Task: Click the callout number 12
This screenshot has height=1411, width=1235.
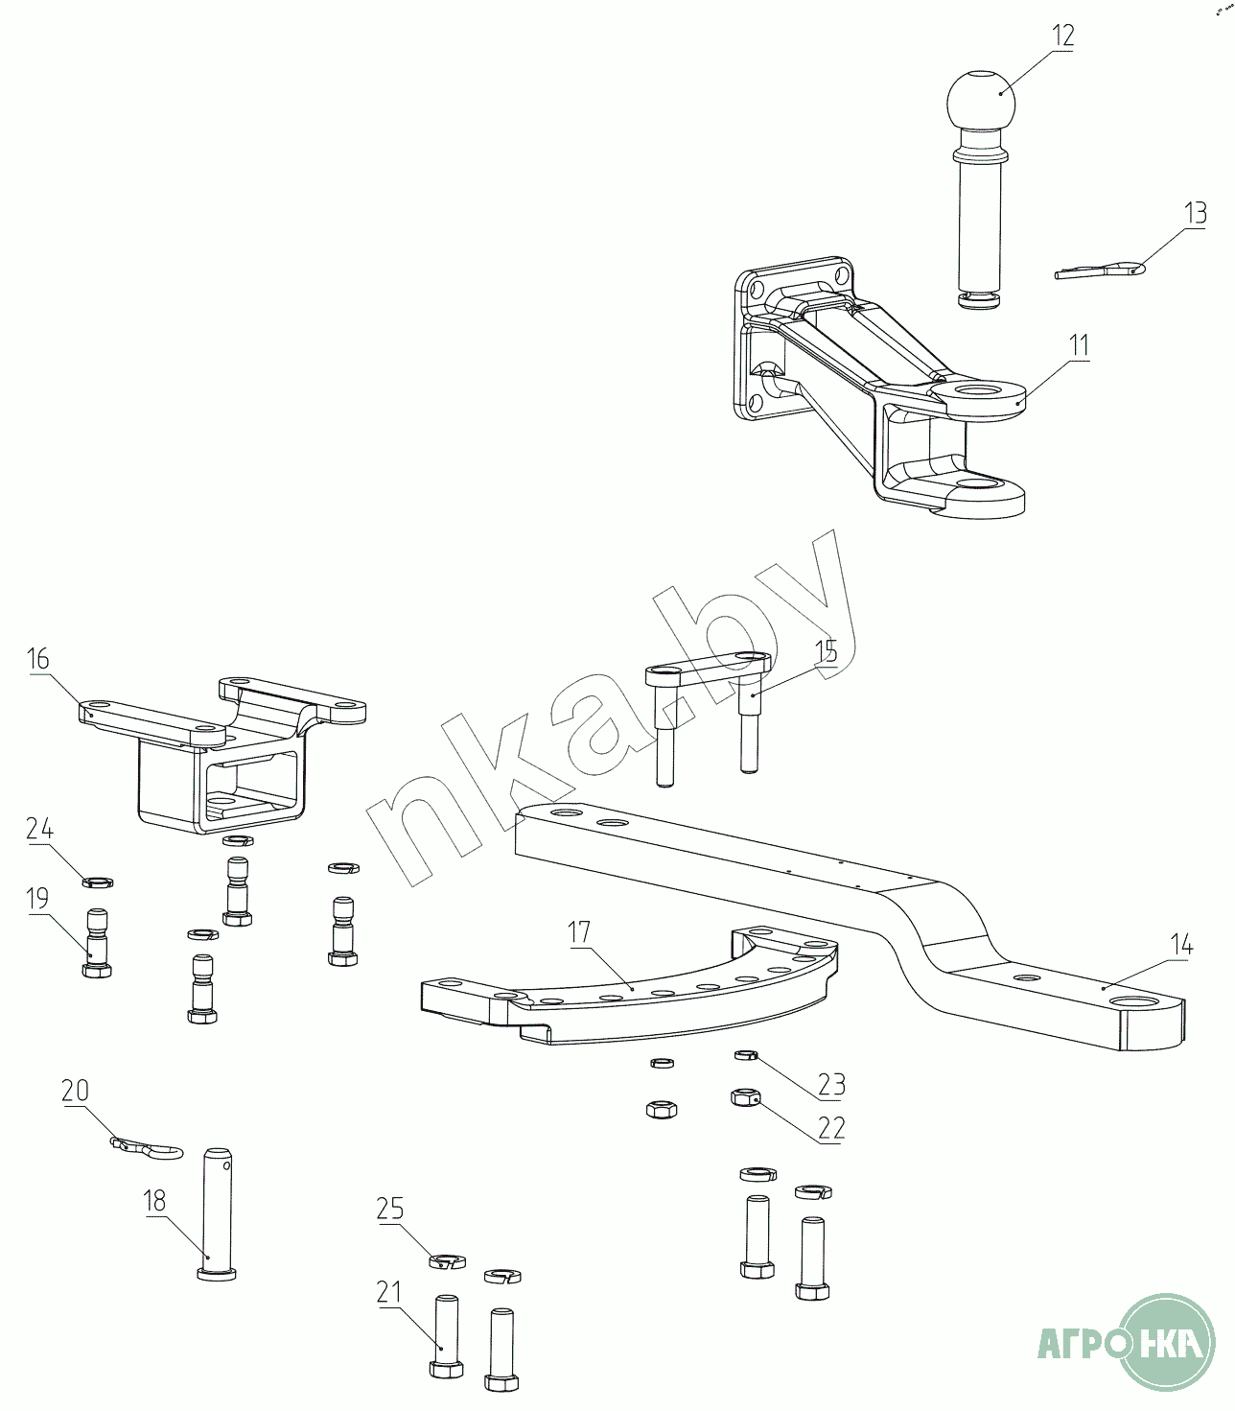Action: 1062,35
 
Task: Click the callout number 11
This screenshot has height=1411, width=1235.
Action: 1079,345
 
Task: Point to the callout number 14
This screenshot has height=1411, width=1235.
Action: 1181,944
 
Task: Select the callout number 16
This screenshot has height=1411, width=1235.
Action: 38,659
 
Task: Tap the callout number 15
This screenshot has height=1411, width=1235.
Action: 826,651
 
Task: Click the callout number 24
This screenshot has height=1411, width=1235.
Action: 40,828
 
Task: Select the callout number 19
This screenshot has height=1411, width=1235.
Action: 37,898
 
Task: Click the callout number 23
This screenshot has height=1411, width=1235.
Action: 831,1084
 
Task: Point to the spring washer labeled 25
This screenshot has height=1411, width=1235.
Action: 447,1261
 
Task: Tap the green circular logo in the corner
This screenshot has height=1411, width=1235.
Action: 1166,1343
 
